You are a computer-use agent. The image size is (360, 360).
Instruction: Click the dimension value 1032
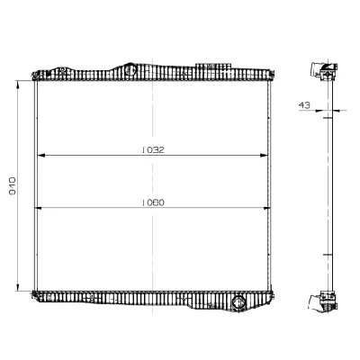pos(154,150)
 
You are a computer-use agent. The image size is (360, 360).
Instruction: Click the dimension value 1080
pos(154,202)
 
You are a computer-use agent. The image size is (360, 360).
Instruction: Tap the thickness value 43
pos(306,106)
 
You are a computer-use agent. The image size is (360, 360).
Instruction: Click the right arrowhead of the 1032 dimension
pos(267,157)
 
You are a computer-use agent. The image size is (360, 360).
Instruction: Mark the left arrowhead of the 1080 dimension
pos(37,209)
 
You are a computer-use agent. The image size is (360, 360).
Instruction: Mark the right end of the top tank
pos(273,74)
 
